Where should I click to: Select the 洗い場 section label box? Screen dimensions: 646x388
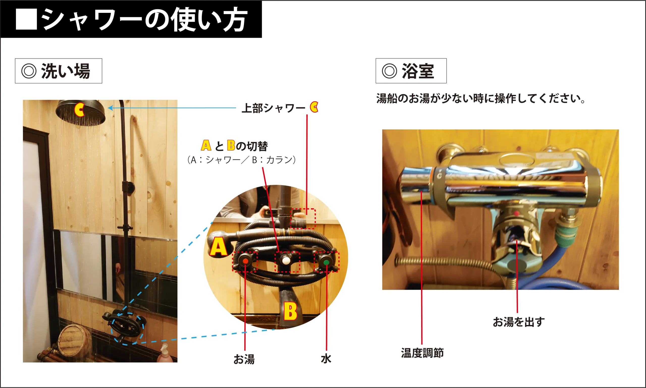tap(59, 71)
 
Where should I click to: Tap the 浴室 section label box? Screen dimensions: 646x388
tap(411, 71)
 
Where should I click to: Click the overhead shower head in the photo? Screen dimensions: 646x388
tap(80, 113)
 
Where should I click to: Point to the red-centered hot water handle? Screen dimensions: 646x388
tap(245, 261)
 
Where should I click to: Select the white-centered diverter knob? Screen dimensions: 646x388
tap(286, 261)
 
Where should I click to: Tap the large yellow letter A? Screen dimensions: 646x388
tap(218, 246)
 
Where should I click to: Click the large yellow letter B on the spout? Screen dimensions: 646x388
tap(290, 311)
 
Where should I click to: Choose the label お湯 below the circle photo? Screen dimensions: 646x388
tap(244, 359)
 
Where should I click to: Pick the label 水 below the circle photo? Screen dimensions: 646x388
tap(326, 359)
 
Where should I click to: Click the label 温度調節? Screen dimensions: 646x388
tap(422, 353)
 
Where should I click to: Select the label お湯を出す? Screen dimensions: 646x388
tap(519, 322)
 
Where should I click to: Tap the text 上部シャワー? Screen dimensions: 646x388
tap(273, 108)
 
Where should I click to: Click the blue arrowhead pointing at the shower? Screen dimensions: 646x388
tap(110, 108)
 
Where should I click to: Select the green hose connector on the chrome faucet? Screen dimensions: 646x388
tap(565, 232)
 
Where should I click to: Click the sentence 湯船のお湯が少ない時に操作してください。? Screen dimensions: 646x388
tap(481, 99)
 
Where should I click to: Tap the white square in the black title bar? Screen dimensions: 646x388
tap(26, 19)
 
